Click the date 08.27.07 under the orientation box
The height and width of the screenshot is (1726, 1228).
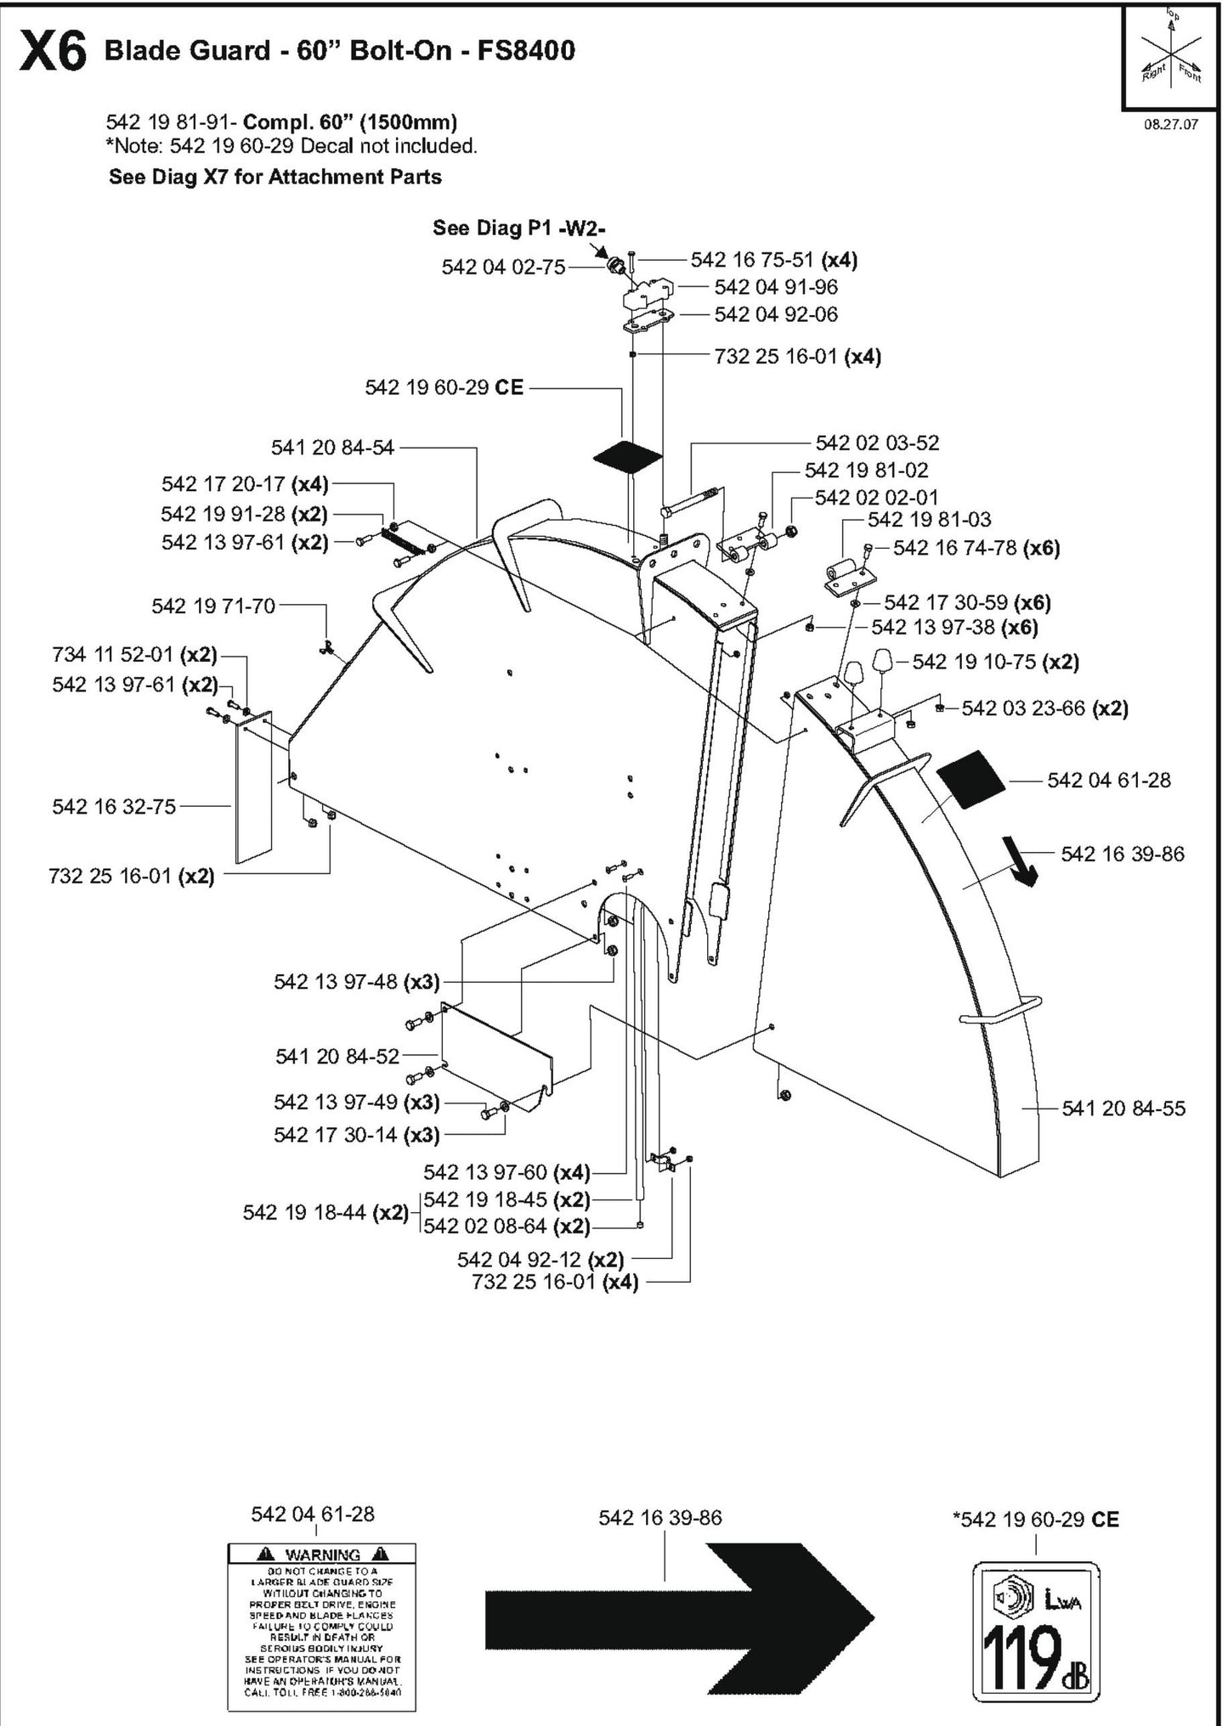click(x=1170, y=124)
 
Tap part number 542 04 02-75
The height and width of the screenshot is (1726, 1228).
click(x=503, y=267)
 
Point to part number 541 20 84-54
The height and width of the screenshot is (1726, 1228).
click(x=332, y=447)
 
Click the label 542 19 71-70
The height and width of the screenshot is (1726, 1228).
click(x=213, y=606)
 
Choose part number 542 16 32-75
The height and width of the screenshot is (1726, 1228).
click(x=114, y=806)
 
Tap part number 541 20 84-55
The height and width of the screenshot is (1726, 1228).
click(x=1123, y=1108)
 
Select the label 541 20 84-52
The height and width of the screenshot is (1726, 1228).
click(x=337, y=1056)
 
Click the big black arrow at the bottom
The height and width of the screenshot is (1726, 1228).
click(x=680, y=1615)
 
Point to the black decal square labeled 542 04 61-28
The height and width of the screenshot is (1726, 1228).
click(x=971, y=780)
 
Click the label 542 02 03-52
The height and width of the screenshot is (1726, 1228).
click(x=877, y=443)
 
